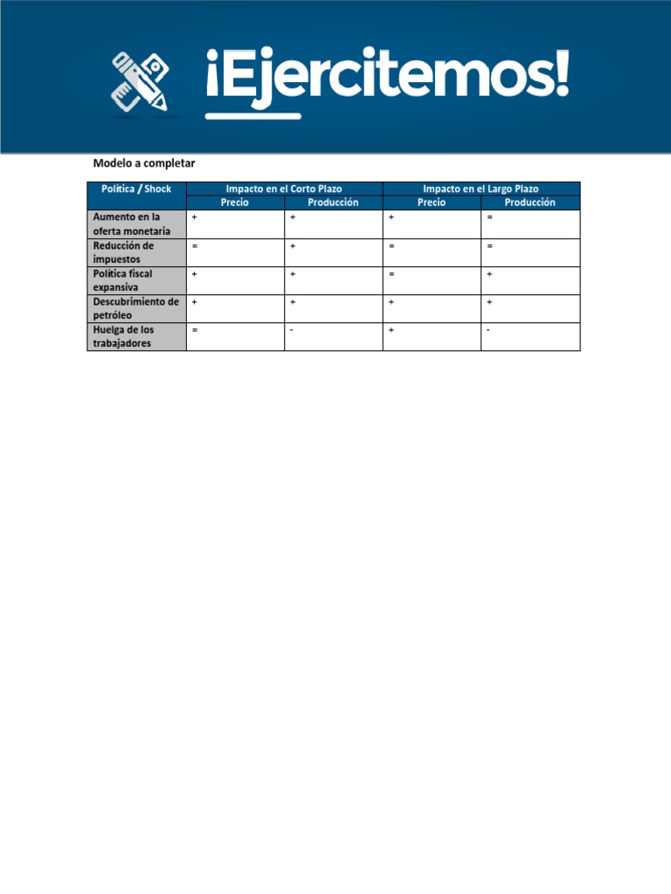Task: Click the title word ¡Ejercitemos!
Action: coord(387,75)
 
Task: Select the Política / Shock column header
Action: coord(136,189)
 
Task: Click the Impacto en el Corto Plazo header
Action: coord(284,189)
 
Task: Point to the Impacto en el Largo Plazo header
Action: coord(481,189)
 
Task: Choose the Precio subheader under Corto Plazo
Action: coord(234,203)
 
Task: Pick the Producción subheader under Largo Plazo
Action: coord(529,203)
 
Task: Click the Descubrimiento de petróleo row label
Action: coord(135,308)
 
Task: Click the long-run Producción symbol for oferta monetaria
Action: coord(490,217)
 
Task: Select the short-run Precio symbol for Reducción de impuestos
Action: coord(195,246)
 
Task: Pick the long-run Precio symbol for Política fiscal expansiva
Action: coord(392,274)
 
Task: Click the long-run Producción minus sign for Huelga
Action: coord(489,330)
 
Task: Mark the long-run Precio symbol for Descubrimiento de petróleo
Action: coord(391,302)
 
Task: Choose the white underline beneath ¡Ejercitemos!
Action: coord(252,115)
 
